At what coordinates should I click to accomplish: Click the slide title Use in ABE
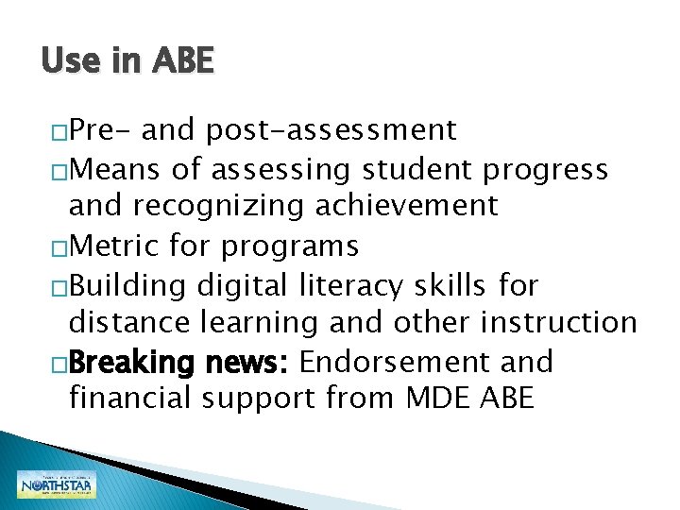(x=127, y=62)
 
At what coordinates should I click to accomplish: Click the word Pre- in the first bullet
(x=101, y=129)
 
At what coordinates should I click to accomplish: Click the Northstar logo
(x=57, y=484)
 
